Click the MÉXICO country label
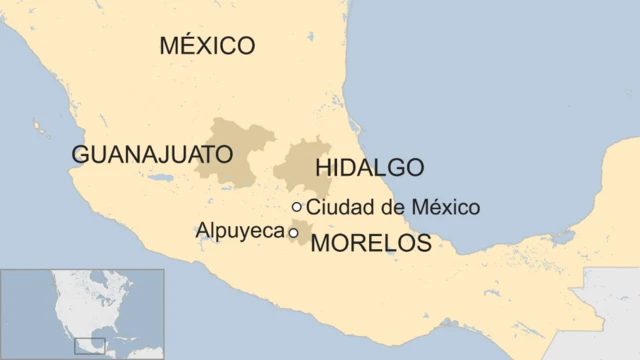click(x=207, y=45)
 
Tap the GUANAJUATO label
click(x=152, y=154)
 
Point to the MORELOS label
click(x=371, y=243)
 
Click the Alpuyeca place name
click(x=240, y=231)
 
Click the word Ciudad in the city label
click(x=336, y=208)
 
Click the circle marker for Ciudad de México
click(x=297, y=207)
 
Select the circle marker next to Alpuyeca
click(x=293, y=232)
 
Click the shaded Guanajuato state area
click(x=240, y=140)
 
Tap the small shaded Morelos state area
click(x=301, y=241)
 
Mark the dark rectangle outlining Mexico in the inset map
click(x=90, y=346)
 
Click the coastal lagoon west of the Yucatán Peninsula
click(x=564, y=237)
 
